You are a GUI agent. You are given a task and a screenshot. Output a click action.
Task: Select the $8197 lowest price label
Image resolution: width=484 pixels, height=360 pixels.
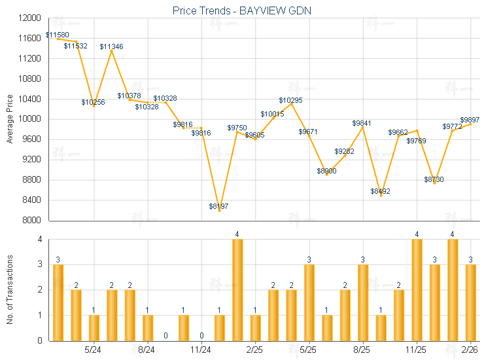click(x=219, y=206)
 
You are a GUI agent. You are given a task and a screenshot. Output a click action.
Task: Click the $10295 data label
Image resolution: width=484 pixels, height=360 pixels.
click(x=290, y=100)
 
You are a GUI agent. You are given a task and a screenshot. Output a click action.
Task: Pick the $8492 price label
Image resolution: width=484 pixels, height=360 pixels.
click(x=380, y=191)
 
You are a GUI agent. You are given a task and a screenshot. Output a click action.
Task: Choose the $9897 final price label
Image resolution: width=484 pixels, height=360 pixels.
click(x=470, y=120)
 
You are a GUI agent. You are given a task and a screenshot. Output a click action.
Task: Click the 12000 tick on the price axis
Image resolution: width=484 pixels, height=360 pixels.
click(x=31, y=18)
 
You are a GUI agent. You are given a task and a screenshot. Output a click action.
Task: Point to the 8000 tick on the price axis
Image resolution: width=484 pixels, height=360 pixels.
click(x=33, y=220)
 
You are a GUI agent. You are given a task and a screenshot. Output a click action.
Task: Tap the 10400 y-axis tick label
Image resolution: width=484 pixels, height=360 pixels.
click(x=31, y=99)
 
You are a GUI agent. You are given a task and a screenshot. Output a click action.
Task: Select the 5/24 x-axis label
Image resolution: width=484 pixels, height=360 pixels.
click(x=93, y=350)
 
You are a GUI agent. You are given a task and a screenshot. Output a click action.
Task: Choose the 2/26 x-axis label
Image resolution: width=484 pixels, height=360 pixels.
click(x=470, y=350)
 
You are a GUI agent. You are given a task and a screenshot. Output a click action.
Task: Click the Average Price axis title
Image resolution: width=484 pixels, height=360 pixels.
click(x=10, y=119)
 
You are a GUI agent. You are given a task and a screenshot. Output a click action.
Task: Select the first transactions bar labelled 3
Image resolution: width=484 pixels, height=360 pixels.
click(x=58, y=302)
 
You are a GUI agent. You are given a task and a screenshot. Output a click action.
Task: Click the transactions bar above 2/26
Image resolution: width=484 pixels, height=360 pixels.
click(x=470, y=302)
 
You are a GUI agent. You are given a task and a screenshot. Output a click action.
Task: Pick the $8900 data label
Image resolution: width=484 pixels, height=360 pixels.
click(x=326, y=171)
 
